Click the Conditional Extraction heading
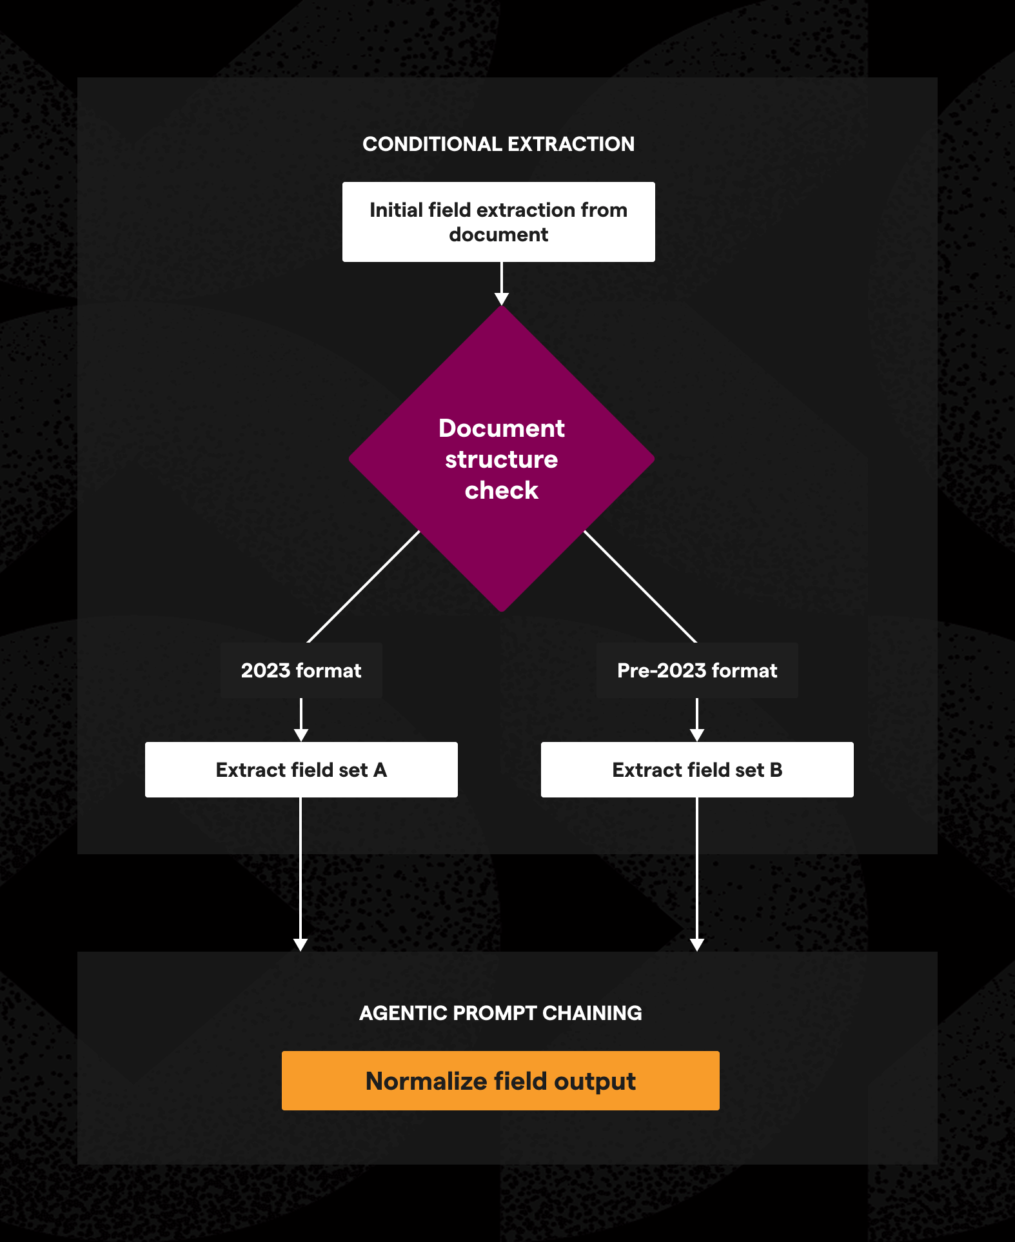coord(498,144)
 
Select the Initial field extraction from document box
coord(498,222)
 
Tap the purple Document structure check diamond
coord(502,459)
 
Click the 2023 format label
coord(301,670)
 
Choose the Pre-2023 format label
coord(697,670)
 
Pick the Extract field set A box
coord(301,770)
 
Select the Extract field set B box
coord(697,770)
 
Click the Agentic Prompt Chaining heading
coord(500,1013)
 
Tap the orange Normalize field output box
coord(500,1081)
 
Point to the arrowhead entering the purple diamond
coord(502,299)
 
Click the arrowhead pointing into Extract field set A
coord(301,736)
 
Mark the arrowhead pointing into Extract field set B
coord(697,736)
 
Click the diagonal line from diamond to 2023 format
coord(363,586)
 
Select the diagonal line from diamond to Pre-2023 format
coord(640,586)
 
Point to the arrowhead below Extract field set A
coord(301,945)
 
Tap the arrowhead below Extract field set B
coord(697,945)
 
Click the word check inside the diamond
coord(502,490)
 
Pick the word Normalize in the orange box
coord(426,1081)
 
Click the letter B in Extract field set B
coord(776,770)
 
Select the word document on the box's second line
coord(498,234)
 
